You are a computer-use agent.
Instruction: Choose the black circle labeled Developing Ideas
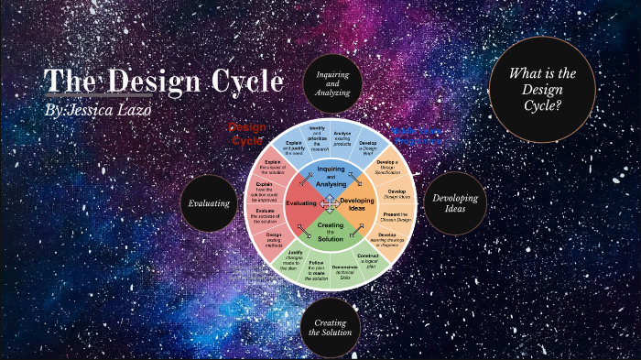[x=455, y=202]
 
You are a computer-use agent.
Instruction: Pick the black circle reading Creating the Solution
[x=330, y=327]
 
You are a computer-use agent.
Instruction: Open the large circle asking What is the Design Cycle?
[x=542, y=90]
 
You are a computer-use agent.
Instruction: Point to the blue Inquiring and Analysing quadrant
[x=331, y=175]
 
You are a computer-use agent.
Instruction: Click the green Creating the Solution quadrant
[x=331, y=231]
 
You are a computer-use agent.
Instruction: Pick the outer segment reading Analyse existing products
[x=342, y=137]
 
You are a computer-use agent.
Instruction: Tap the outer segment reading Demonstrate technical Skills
[x=343, y=269]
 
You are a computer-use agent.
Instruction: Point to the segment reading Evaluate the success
[x=266, y=217]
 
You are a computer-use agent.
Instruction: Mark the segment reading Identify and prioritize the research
[x=318, y=136]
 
